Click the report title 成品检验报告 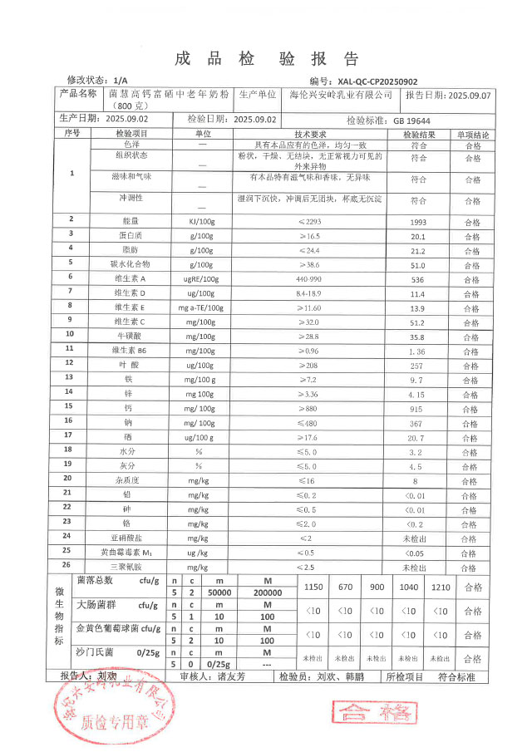click(266, 58)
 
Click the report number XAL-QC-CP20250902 click(382, 81)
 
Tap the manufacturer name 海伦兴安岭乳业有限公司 click(346, 96)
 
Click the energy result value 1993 click(419, 222)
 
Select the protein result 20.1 click(419, 236)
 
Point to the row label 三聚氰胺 click(130, 567)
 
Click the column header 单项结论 click(472, 134)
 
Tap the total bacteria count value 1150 click(313, 587)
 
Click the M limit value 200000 click(267, 593)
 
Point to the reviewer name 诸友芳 click(232, 677)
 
